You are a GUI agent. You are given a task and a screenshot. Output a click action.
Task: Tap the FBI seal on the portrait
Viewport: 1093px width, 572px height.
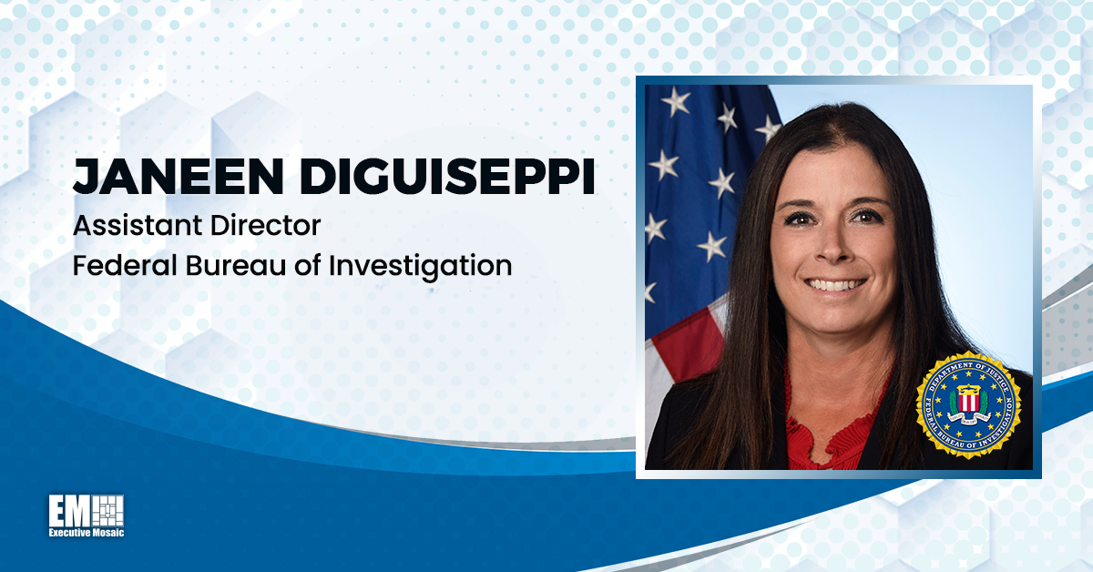(968, 404)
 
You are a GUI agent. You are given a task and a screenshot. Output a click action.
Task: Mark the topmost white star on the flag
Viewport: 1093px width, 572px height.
(675, 100)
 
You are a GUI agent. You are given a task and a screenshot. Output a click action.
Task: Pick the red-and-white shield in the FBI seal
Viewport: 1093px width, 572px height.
(968, 401)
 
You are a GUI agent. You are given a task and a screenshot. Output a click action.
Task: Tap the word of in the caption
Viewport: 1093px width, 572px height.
(310, 266)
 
